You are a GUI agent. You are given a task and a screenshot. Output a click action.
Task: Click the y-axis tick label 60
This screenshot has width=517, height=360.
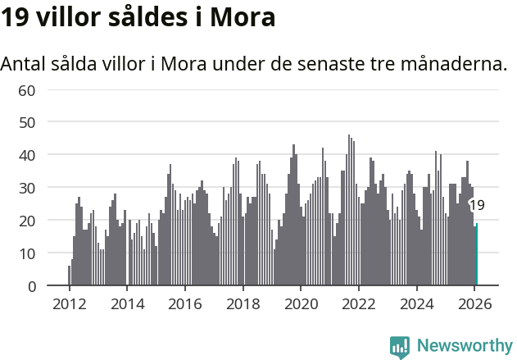coord(27,89)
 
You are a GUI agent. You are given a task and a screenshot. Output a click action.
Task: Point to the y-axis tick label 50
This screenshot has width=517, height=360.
coord(27,122)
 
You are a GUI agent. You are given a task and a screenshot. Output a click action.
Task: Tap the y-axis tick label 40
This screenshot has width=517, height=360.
coord(27,155)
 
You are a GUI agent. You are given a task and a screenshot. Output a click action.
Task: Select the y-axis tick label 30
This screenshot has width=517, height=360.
coord(27,188)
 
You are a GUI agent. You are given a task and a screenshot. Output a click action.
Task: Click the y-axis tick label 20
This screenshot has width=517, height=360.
coord(27,221)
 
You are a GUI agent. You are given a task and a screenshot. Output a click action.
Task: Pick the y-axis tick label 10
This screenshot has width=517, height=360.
coord(27,253)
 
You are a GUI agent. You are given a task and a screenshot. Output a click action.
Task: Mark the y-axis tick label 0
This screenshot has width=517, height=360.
coord(31,286)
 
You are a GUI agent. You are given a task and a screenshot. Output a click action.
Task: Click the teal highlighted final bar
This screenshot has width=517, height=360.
coord(477,255)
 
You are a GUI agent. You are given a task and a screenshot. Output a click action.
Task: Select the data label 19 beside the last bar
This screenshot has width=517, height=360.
coord(477,206)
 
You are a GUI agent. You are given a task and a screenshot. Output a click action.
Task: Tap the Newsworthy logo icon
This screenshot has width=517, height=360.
coord(400,346)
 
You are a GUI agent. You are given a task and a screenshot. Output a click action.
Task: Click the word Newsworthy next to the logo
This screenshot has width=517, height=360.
coord(464,346)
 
